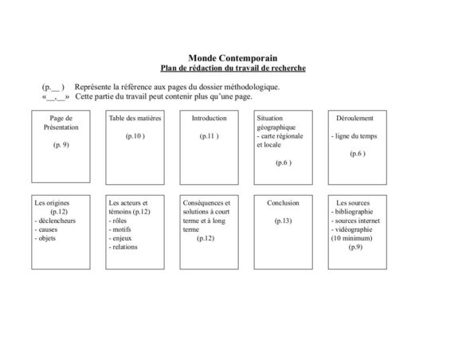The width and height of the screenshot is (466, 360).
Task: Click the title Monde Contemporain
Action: (233, 58)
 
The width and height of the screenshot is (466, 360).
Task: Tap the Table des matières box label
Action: (135, 118)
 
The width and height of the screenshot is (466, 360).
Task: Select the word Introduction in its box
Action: (209, 118)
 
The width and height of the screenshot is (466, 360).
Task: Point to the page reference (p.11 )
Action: (209, 136)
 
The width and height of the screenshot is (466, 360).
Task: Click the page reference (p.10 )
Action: (135, 136)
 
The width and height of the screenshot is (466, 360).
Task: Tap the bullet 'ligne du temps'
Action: (355, 136)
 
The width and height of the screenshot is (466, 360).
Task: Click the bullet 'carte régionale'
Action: (281, 136)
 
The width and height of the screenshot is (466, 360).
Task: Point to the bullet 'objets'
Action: (48, 238)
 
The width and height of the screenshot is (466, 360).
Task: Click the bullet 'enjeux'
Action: (123, 238)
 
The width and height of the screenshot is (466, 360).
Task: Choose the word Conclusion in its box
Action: (283, 203)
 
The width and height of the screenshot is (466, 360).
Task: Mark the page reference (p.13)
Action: (283, 221)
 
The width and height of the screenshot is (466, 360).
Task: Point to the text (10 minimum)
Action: (354, 238)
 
